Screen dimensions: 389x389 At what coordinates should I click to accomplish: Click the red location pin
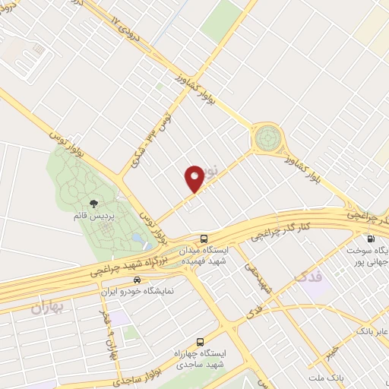(194, 178)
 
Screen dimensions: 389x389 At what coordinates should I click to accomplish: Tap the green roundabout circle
(267, 138)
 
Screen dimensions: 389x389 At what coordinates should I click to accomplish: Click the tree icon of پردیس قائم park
(93, 203)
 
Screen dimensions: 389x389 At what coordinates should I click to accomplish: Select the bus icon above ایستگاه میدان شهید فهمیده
(202, 239)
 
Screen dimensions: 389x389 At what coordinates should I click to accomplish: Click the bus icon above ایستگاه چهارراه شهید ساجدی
(200, 343)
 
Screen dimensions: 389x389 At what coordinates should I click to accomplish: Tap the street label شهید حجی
(258, 277)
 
